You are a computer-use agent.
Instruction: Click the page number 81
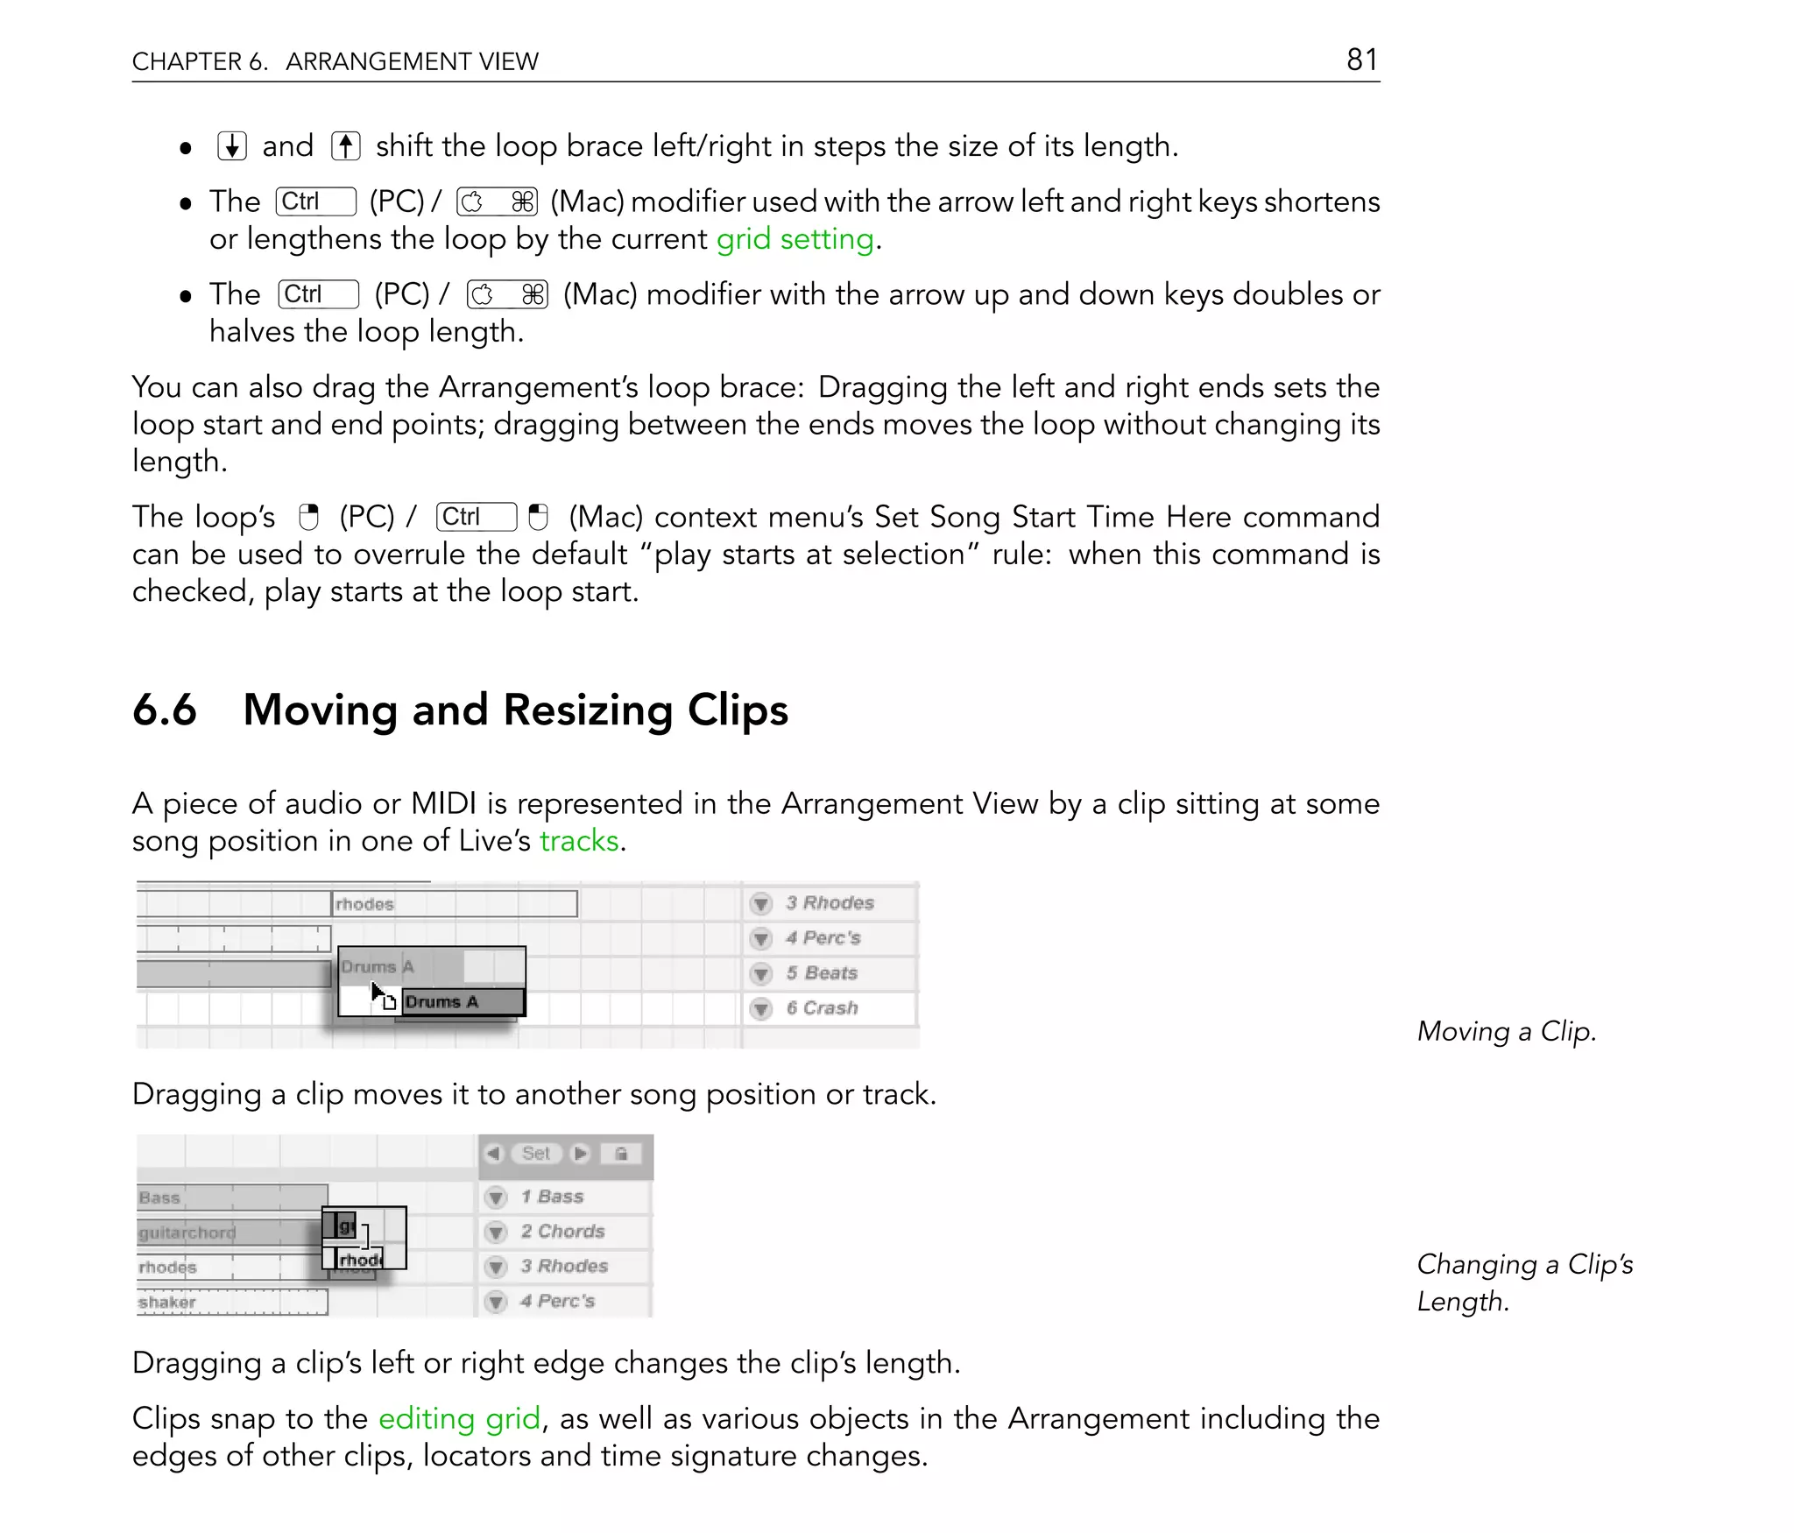pos(1362,60)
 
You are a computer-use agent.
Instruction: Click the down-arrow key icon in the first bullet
pos(232,146)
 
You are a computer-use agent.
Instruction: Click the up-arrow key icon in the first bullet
pos(346,146)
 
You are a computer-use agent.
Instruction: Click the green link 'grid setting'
pos(795,239)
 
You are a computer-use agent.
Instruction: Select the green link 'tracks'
pos(579,841)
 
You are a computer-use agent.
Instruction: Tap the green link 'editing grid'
pos(459,1418)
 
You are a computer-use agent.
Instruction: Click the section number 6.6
pos(165,710)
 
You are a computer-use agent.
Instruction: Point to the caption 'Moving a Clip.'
pos(1506,1032)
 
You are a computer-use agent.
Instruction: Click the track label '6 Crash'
pos(822,1008)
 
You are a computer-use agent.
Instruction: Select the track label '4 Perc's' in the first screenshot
pos(823,938)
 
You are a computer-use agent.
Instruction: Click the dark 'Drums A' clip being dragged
pos(463,1002)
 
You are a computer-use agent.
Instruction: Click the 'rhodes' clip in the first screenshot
pos(454,904)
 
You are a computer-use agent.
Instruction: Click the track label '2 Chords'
pos(562,1232)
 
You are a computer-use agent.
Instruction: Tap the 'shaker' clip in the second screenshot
pos(231,1303)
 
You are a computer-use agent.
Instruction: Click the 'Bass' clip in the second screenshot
pos(231,1197)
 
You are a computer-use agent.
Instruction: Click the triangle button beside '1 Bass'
pos(496,1197)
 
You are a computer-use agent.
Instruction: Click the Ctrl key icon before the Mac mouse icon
pos(476,518)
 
